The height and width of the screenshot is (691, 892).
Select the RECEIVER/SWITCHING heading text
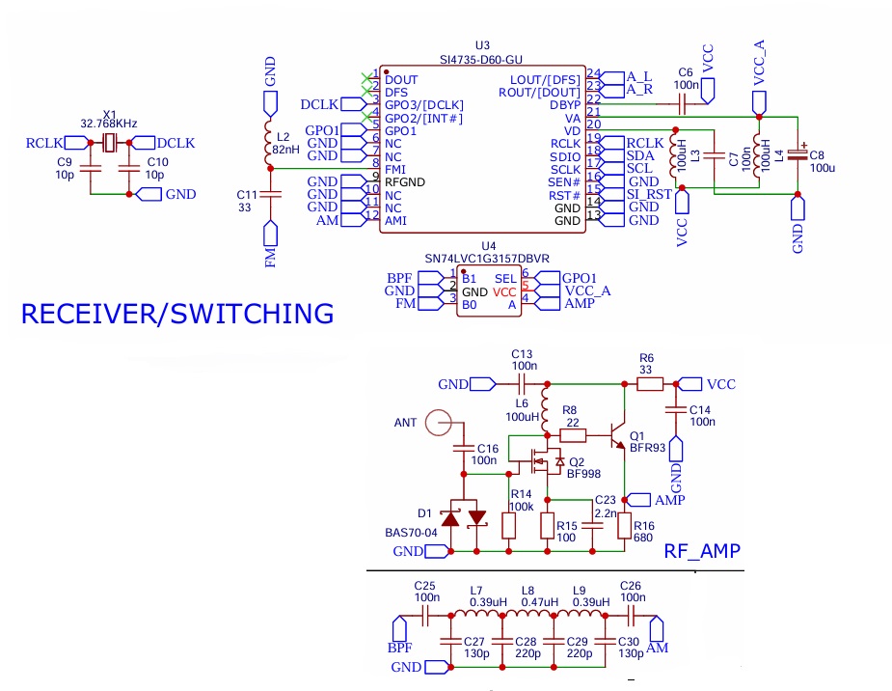coord(177,314)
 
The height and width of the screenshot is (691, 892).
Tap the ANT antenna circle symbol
coord(441,423)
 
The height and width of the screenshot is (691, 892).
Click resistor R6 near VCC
coord(649,384)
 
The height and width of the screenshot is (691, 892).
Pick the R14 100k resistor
coord(509,526)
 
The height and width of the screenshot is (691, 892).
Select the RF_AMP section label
coord(702,551)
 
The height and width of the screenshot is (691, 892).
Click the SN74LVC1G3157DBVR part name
coord(487,260)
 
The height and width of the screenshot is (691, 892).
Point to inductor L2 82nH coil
coord(270,144)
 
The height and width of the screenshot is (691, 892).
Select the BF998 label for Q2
coord(583,474)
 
